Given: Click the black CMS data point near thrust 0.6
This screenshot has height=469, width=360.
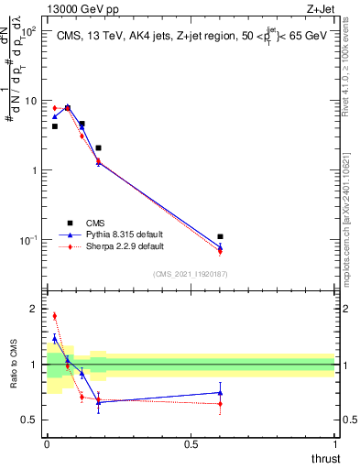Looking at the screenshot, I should point(220,236).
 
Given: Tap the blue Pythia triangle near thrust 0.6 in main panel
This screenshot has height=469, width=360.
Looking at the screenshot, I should point(220,245).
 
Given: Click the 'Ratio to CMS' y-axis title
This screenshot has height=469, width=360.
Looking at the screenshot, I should point(14,377).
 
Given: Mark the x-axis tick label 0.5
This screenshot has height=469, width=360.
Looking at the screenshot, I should point(191,444).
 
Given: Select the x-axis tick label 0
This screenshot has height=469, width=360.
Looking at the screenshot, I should point(47,444).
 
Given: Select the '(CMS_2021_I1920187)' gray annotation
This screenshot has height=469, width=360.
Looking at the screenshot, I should point(191,273).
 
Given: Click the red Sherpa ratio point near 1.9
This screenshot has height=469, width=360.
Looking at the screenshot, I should point(55,316).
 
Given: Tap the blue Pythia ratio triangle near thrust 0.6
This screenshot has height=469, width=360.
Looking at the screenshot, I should point(220,392).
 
